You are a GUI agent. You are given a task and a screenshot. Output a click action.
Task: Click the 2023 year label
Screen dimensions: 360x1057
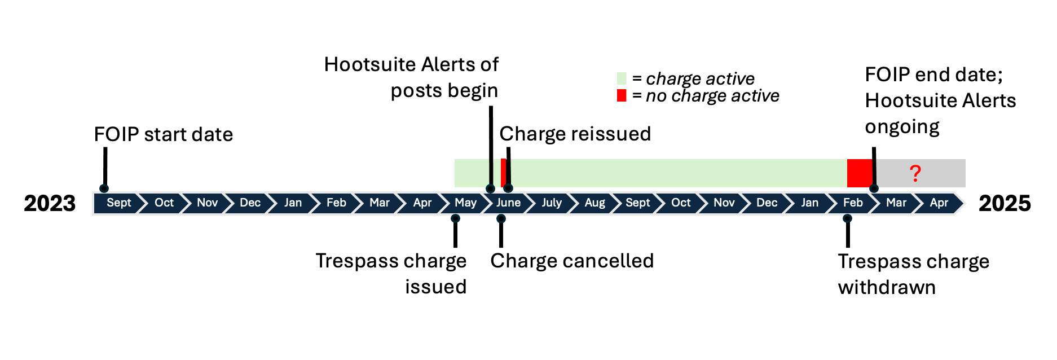pyautogui.click(x=50, y=204)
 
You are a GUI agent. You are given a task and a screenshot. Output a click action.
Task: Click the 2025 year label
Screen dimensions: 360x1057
pyautogui.click(x=1005, y=204)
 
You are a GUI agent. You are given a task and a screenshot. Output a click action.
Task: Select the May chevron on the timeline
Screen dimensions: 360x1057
pyautogui.click(x=465, y=203)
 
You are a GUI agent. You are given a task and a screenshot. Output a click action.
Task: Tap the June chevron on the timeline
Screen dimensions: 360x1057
pyautogui.click(x=508, y=203)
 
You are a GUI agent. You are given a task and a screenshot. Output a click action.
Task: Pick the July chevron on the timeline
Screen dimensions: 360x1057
pyautogui.click(x=551, y=203)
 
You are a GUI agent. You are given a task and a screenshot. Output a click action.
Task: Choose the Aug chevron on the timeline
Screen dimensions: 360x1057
pyautogui.click(x=594, y=203)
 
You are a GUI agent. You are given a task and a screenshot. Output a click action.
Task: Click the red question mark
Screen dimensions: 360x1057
pyautogui.click(x=915, y=173)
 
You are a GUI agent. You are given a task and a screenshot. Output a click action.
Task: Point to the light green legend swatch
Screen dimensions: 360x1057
pyautogui.click(x=622, y=78)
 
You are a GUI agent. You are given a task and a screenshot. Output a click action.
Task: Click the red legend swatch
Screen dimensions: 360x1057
pyautogui.click(x=622, y=95)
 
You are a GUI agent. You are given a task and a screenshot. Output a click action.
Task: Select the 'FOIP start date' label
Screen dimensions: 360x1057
pyautogui.click(x=163, y=135)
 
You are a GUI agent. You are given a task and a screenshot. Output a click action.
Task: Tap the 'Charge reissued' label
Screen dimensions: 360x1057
pyautogui.click(x=575, y=134)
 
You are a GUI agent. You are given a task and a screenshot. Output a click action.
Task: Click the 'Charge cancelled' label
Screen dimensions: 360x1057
pyautogui.click(x=572, y=261)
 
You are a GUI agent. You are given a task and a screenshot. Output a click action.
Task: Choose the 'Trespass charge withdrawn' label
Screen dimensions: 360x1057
pyautogui.click(x=913, y=274)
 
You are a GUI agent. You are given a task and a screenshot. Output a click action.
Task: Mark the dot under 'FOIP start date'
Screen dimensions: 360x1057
pyautogui.click(x=104, y=188)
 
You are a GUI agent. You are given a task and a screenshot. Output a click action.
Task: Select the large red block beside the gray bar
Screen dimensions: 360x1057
pyautogui.click(x=860, y=173)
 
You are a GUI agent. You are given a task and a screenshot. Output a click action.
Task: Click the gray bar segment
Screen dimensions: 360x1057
pyautogui.click(x=936, y=173)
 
